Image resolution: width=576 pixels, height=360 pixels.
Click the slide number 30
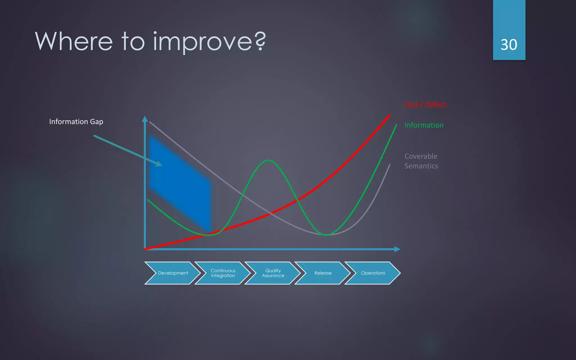coord(509,45)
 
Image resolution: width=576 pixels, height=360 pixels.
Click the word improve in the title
coord(202,42)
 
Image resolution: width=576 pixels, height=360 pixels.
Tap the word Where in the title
coord(74,41)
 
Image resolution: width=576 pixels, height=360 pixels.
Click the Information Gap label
coord(76,122)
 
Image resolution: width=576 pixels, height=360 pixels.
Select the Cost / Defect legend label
coord(425,105)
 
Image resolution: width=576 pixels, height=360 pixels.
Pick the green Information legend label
coord(424,125)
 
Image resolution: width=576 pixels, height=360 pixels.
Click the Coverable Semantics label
coord(421,161)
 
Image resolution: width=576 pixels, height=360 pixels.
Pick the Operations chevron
coord(373,273)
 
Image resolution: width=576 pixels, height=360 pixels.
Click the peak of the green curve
coord(268,160)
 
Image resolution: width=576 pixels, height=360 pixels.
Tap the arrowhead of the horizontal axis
coord(397,249)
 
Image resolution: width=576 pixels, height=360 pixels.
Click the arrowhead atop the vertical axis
coord(145,119)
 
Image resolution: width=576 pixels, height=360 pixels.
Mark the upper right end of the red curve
coord(389,116)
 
